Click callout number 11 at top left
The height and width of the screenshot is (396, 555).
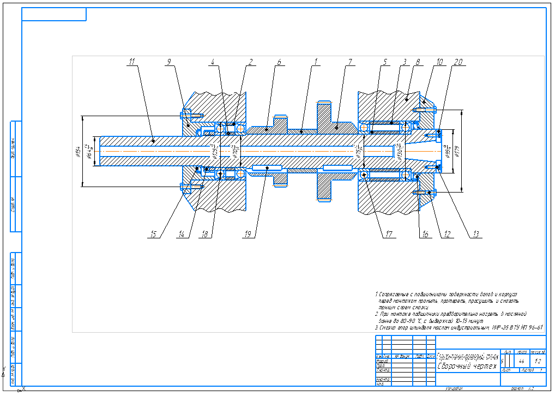pyautogui.click(x=131, y=62)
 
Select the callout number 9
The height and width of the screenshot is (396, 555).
pyautogui.click(x=170, y=62)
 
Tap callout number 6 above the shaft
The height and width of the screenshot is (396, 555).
pyautogui.click(x=279, y=62)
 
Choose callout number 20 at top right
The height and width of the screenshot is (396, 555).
pyautogui.click(x=457, y=62)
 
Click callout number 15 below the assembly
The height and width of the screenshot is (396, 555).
pyautogui.click(x=154, y=235)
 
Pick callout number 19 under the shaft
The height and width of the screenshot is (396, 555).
pyautogui.click(x=248, y=235)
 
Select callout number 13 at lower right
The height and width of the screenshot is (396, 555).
pyautogui.click(x=475, y=235)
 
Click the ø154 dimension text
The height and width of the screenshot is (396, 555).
pyautogui.click(x=79, y=151)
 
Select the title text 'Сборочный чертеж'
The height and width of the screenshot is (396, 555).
pyautogui.click(x=468, y=365)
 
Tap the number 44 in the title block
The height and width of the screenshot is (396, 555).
pyautogui.click(x=522, y=361)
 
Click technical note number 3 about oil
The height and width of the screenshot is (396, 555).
pyautogui.click(x=459, y=328)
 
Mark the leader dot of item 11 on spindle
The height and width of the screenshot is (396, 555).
pyautogui.click(x=153, y=140)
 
